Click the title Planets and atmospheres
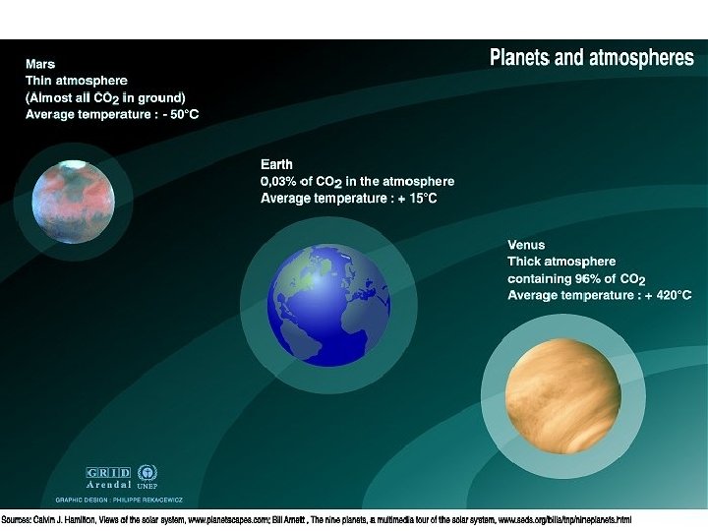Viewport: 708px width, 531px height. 591,58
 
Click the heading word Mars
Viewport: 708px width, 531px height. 40,64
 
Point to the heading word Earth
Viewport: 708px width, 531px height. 276,164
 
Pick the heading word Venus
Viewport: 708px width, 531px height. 526,245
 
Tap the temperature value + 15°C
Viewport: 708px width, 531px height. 414,199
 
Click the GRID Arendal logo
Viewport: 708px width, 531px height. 108,477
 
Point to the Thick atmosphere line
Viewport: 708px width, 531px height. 561,262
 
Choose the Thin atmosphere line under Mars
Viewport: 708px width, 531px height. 77,81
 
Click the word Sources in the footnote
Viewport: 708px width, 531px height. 18,519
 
